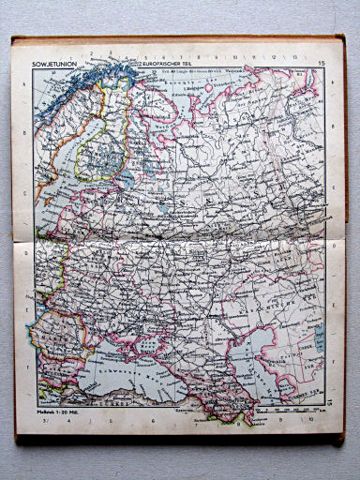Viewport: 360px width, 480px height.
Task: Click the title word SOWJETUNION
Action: click(53, 64)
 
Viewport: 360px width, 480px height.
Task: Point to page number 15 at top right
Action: click(321, 63)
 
